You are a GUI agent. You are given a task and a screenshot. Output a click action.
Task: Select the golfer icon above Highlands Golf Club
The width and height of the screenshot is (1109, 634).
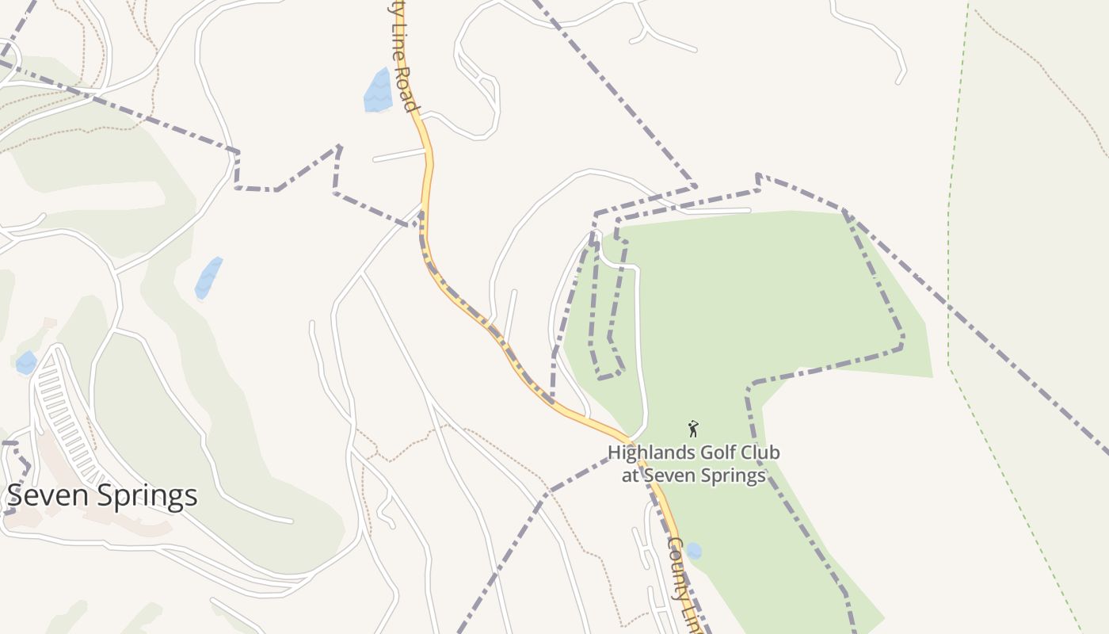point(694,429)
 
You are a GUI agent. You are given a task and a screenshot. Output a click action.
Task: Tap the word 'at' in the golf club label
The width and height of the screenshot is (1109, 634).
point(630,475)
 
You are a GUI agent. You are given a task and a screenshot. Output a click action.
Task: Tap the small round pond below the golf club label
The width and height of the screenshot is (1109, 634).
point(694,551)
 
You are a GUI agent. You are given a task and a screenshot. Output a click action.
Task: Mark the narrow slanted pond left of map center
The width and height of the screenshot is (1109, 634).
point(208,277)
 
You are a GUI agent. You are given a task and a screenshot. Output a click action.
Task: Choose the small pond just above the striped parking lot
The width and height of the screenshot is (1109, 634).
point(26,363)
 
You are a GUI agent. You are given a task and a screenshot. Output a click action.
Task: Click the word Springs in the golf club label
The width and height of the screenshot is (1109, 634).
point(727,475)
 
